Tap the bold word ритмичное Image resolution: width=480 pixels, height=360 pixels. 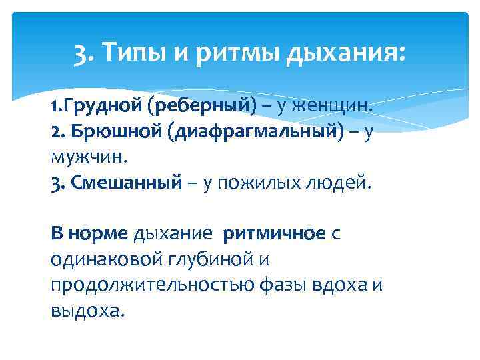[x=274, y=234]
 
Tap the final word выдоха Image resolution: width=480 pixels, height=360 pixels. [x=87, y=311]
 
